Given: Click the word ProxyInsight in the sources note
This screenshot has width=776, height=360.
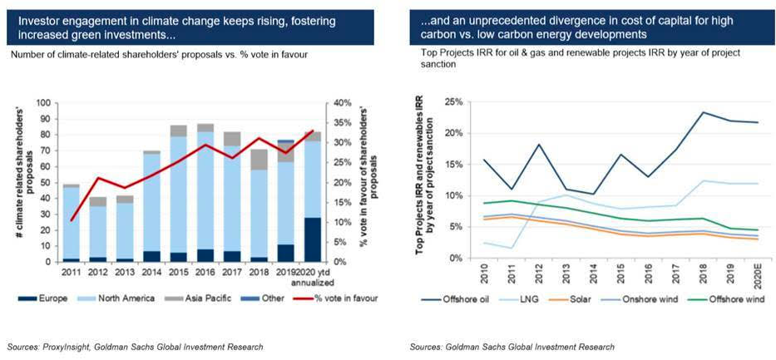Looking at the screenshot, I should pyautogui.click(x=72, y=345).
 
